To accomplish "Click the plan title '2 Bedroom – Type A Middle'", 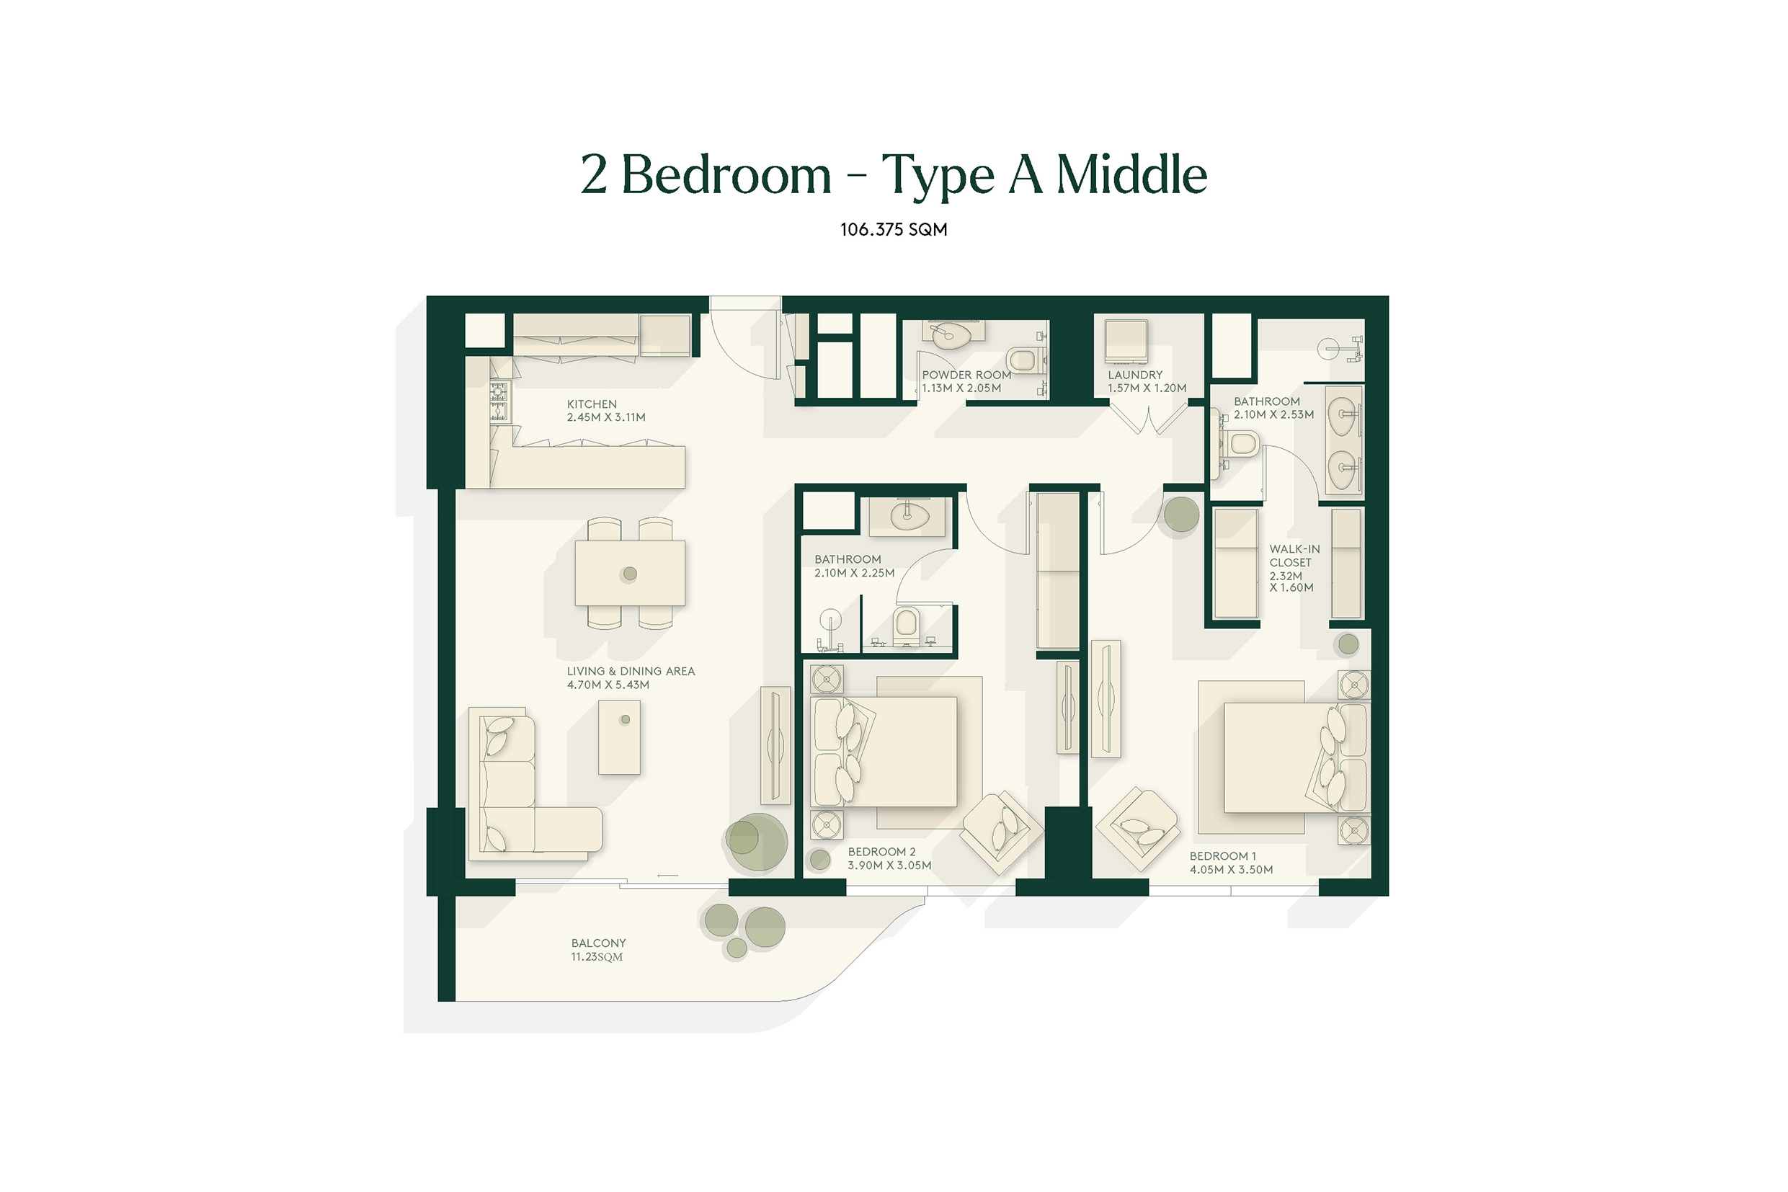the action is [893, 176].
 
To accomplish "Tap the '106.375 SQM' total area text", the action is [893, 230].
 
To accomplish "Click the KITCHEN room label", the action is [592, 404].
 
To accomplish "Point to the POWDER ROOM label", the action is [966, 375].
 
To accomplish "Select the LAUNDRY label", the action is [1135, 375].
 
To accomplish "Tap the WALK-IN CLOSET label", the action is [1294, 556].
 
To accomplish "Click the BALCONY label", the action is [598, 943].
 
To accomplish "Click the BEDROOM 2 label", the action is [882, 852].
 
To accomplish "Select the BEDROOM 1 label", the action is [1222, 856].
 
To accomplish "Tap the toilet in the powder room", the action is [1023, 360].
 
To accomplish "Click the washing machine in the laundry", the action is [1126, 342].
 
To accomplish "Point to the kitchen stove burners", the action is [499, 401].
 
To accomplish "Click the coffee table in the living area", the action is [619, 737].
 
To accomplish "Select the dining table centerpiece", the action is [628, 574].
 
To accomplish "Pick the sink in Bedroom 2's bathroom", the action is [910, 516].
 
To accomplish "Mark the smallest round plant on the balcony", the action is [737, 947].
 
